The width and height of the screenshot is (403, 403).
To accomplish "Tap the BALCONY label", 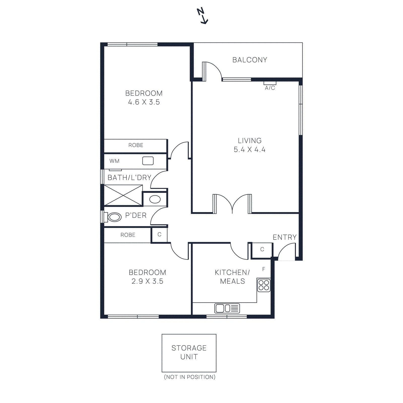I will coord(250,60).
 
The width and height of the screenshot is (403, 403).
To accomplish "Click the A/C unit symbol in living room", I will coord(270,83).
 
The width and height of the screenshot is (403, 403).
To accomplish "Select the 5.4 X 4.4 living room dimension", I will coord(249,150).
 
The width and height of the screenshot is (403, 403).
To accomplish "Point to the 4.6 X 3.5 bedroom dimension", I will coord(144,102).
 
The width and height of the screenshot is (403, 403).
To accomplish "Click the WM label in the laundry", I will coord(114,161).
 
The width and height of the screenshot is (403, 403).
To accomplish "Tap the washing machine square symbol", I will coord(148,161).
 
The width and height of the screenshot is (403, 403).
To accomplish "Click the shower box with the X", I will coord(123,195).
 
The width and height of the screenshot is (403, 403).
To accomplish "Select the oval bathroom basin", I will coord(155,199).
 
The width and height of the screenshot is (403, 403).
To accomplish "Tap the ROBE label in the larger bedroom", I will coord(136,145).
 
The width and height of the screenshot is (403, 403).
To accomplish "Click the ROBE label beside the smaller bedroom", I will coord(128,235).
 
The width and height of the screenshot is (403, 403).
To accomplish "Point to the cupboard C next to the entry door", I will coord(262,250).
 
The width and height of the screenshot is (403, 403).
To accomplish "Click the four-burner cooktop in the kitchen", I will coord(264,285).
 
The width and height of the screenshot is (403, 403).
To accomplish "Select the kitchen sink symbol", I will coord(227,308).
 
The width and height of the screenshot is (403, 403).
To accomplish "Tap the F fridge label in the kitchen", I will coord(264,269).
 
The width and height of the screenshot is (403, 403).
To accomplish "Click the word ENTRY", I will coord(285,237).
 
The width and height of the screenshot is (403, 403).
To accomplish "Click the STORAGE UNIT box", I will coord(189,353).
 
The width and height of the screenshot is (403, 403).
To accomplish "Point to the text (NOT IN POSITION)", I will coord(190,377).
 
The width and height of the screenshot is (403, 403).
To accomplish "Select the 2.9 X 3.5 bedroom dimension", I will coord(147,281).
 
